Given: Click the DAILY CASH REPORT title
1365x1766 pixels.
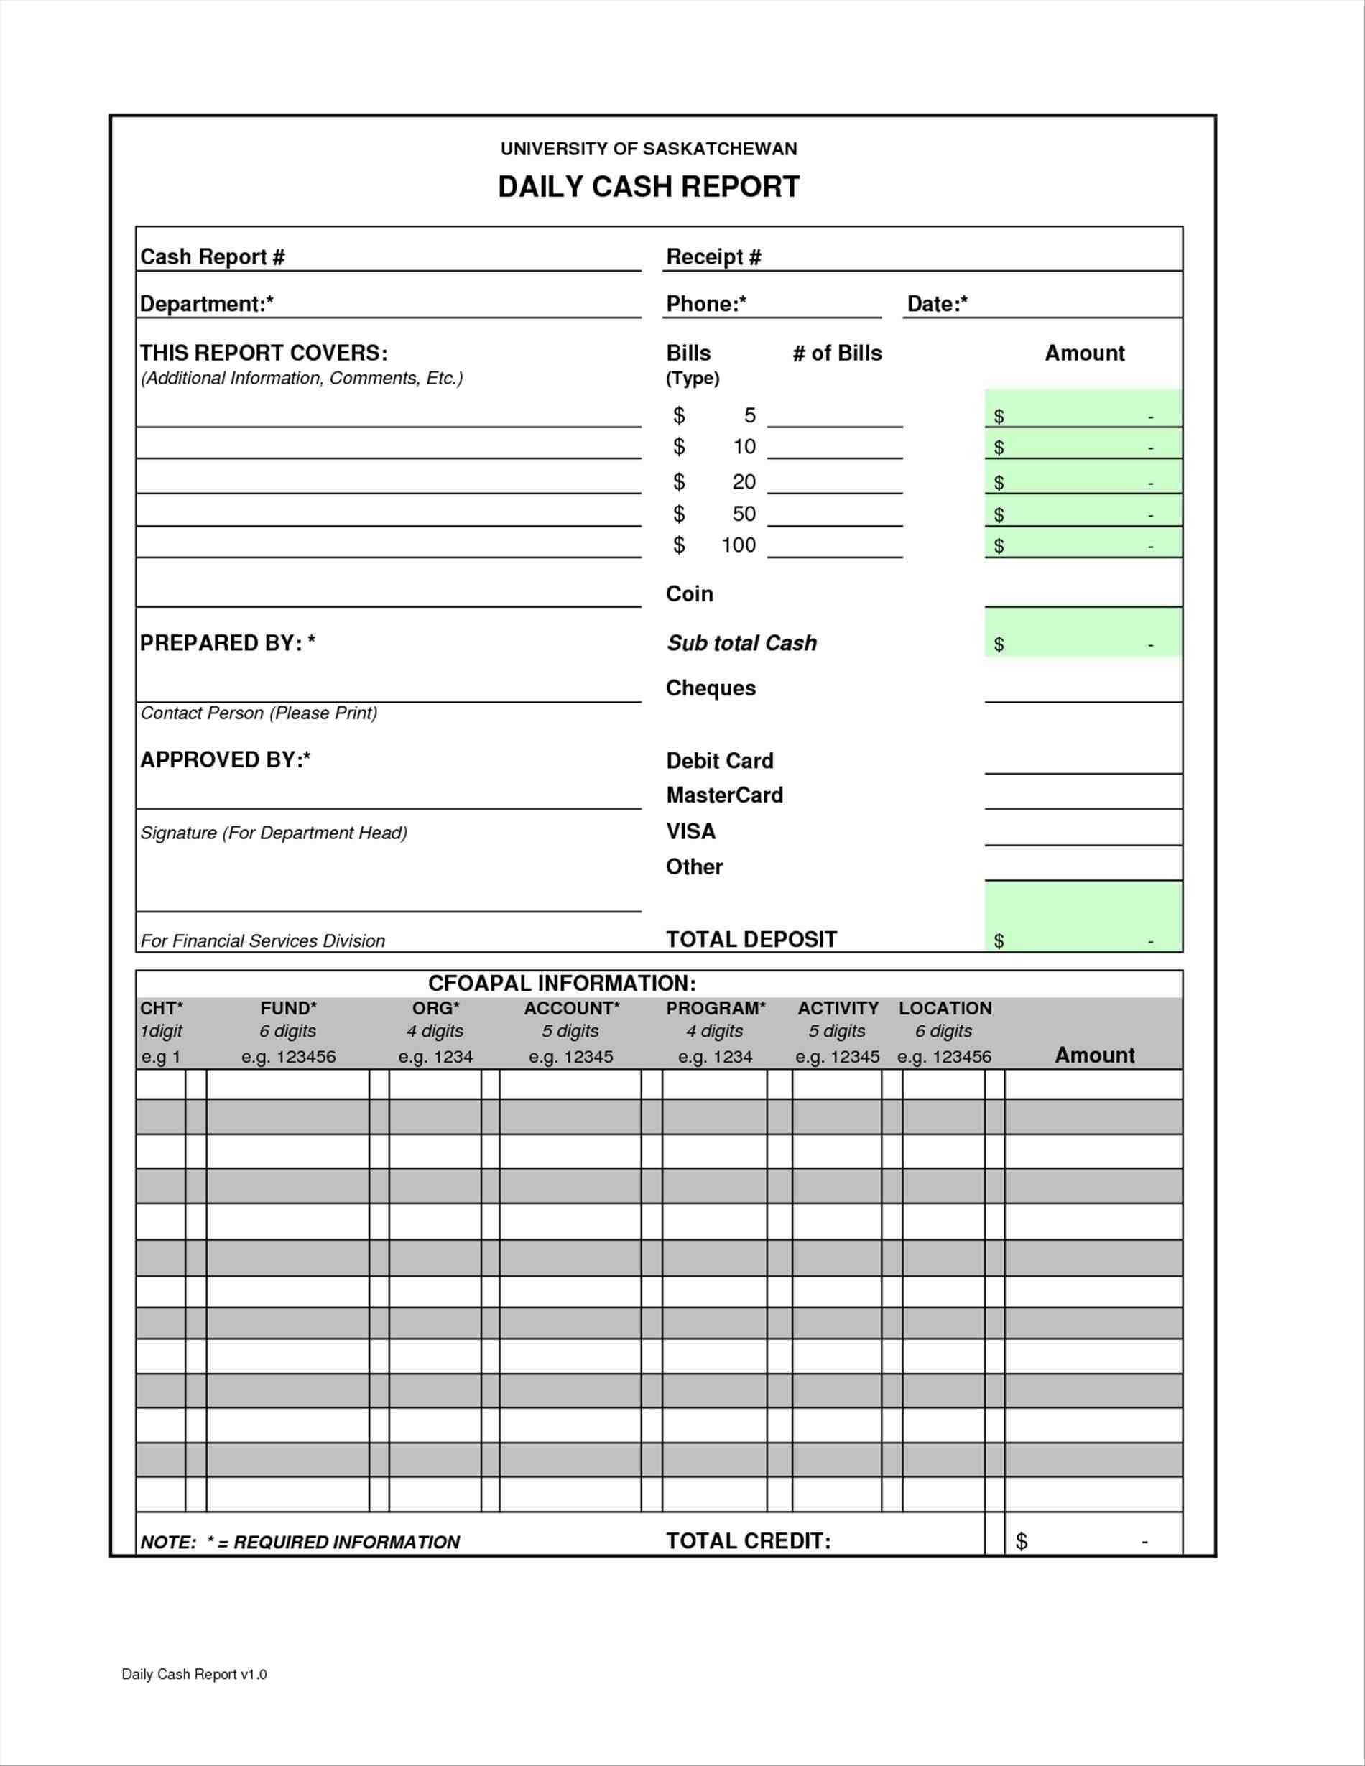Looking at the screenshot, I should [649, 187].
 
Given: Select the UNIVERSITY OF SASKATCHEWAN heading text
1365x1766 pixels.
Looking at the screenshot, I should [649, 149].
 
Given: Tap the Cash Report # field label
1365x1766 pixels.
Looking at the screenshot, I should [212, 257].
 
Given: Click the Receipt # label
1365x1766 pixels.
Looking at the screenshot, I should [713, 257].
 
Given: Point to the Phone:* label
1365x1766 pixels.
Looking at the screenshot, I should [706, 304].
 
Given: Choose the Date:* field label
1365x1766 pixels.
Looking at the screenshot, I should [938, 304].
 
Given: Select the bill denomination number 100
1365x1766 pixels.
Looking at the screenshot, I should [739, 545].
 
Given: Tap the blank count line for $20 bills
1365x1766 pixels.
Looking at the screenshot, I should [835, 484].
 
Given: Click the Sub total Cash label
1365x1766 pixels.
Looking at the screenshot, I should [741, 643].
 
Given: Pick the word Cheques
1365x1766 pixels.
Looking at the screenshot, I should [711, 688].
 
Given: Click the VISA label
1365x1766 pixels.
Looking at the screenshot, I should [690, 831].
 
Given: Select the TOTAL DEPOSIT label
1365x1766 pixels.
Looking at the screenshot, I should [751, 940].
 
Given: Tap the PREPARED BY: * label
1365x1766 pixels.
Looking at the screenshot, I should [227, 643].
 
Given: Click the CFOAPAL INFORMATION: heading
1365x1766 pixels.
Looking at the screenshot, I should [562, 984].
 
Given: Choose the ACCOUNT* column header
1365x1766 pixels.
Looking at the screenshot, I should [572, 1008].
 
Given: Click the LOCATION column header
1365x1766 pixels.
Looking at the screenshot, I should [945, 1008].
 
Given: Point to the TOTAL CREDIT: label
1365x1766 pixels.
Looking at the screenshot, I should [748, 1541].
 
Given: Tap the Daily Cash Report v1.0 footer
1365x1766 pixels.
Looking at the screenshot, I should [194, 1675].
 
